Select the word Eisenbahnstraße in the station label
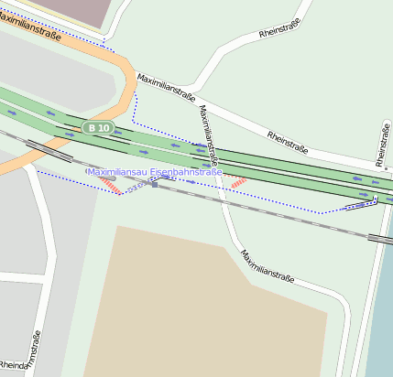point(191,171)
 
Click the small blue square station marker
point(154,184)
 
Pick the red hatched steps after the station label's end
point(238,182)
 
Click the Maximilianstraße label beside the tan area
point(266,263)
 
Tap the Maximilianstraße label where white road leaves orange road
point(167,89)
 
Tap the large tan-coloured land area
point(211,302)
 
